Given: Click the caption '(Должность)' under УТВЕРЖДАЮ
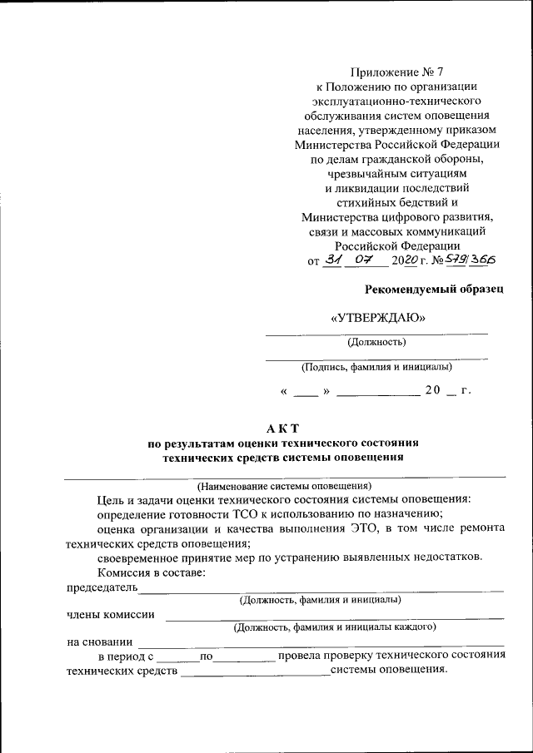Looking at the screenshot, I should [376, 341].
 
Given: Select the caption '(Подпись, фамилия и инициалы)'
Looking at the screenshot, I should [376, 366].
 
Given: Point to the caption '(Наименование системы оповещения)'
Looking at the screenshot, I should [283, 486].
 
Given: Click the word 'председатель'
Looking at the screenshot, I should [101, 588].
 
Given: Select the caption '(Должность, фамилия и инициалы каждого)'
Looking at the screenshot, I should [335, 626].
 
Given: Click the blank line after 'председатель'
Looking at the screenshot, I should [321, 590].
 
